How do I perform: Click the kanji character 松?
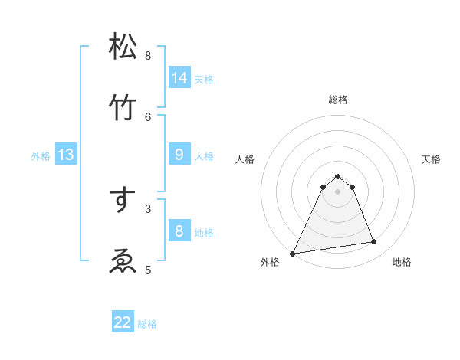tap(123, 47)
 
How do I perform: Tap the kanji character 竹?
tap(123, 108)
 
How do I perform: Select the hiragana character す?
tap(123, 200)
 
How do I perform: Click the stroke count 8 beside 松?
tap(148, 55)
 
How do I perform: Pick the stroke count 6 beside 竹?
tap(148, 116)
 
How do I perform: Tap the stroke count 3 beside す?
tap(148, 208)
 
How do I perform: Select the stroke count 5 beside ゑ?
tap(148, 269)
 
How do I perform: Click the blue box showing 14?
tap(179, 77)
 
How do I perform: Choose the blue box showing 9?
tap(179, 155)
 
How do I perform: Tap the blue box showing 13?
tap(66, 155)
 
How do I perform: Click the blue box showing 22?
tap(123, 322)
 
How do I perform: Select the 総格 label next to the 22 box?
tap(147, 324)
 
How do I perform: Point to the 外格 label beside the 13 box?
tap(41, 156)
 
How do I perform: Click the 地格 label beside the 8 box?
tap(204, 233)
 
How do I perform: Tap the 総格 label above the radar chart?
tap(337, 100)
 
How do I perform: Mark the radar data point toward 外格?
tap(293, 253)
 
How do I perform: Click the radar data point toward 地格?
tap(374, 242)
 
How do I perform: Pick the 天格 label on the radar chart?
tap(432, 159)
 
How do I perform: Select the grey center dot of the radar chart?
tap(337, 191)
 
